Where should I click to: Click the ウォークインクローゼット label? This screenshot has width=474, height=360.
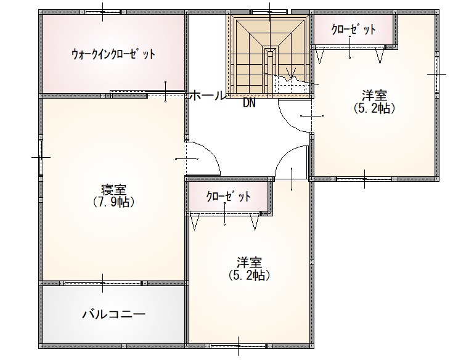pyautogui.click(x=113, y=54)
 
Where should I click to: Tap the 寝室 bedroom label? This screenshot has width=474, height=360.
pyautogui.click(x=113, y=190)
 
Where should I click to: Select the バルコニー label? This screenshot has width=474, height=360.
pyautogui.click(x=113, y=314)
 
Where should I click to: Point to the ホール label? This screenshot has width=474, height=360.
pyautogui.click(x=208, y=96)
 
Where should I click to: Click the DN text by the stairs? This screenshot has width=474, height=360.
pyautogui.click(x=249, y=104)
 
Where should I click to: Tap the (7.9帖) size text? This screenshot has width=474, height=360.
pyautogui.click(x=113, y=202)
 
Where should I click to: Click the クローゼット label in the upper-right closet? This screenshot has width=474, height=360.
pyautogui.click(x=353, y=30)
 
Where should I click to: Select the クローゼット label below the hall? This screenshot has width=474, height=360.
pyautogui.click(x=228, y=197)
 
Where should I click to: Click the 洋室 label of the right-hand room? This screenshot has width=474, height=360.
pyautogui.click(x=375, y=96)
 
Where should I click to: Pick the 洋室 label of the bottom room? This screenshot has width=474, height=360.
pyautogui.click(x=249, y=263)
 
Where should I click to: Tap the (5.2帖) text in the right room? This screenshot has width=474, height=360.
pyautogui.click(x=375, y=108)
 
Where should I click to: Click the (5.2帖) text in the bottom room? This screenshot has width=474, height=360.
pyautogui.click(x=249, y=275)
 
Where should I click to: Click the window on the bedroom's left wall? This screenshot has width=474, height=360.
pyautogui.click(x=41, y=157)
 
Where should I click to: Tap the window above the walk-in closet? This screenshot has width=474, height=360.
pyautogui.click(x=103, y=12)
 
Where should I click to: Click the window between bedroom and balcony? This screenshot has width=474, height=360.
pyautogui.click(x=103, y=283)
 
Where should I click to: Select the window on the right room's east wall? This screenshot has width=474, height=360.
pyautogui.click(x=437, y=74)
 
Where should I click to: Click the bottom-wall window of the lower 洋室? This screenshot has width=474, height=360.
pyautogui.click(x=238, y=346)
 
